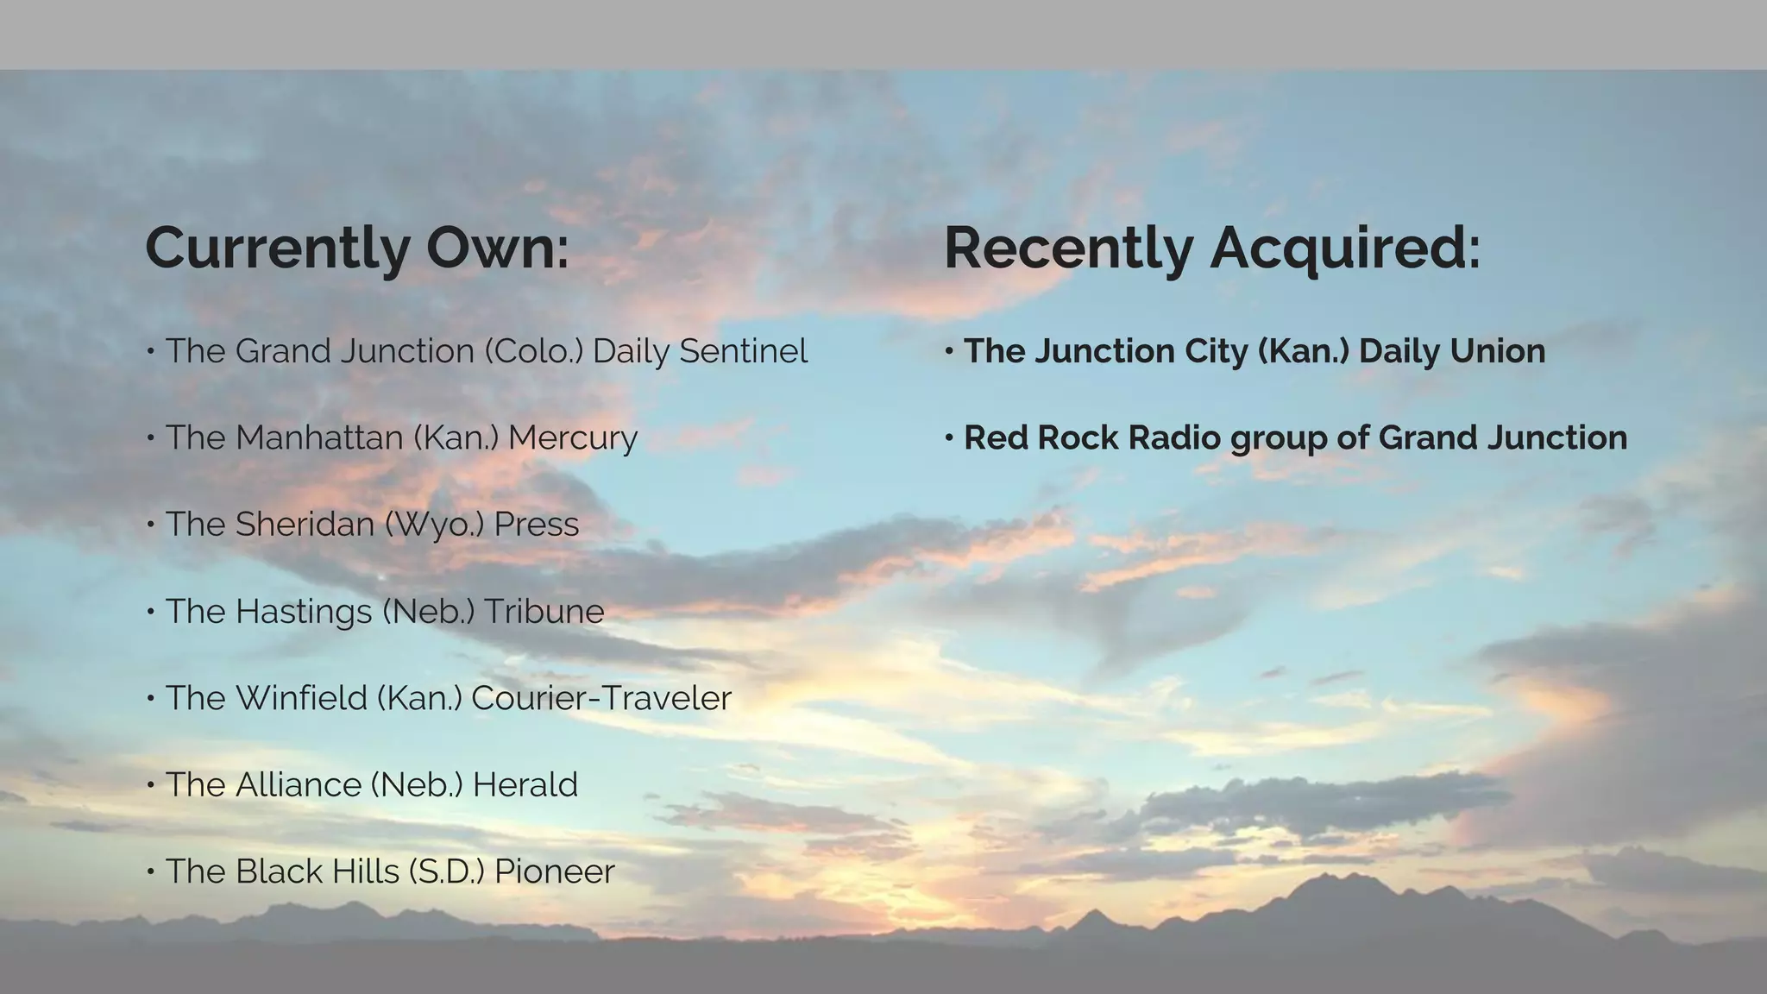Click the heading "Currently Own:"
(357, 248)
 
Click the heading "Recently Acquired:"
(1212, 248)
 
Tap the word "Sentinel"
(743, 351)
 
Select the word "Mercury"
(572, 437)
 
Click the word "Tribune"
(544, 612)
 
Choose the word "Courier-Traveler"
(601, 698)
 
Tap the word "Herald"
(525, 785)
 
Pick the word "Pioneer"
(554, 871)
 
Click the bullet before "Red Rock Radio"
(949, 438)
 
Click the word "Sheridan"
(304, 525)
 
